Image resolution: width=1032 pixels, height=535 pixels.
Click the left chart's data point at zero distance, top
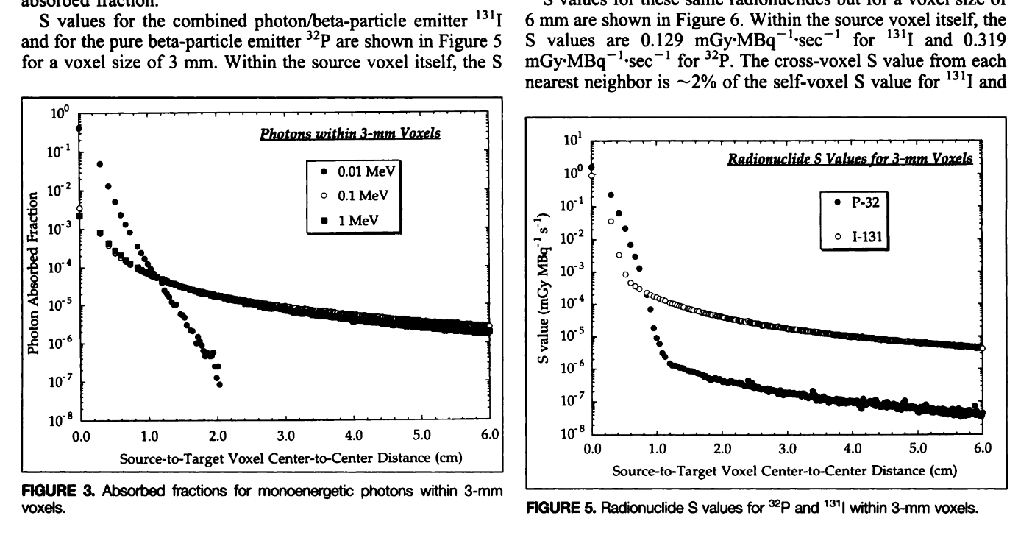(x=79, y=128)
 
